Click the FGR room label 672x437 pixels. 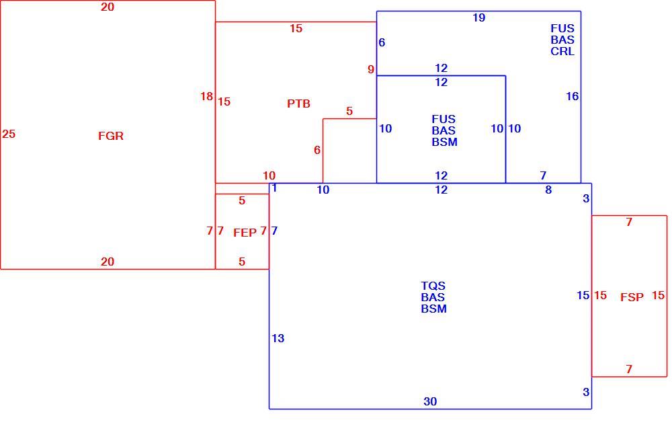(111, 136)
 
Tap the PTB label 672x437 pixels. (298, 104)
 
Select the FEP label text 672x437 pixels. (245, 233)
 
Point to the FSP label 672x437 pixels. (632, 297)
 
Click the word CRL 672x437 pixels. (562, 51)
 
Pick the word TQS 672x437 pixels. (433, 286)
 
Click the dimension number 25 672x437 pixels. (9, 134)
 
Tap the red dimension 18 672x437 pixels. (206, 97)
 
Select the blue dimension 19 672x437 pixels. (478, 17)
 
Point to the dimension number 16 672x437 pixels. (572, 97)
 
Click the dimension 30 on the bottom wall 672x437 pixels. (430, 401)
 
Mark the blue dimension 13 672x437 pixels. (278, 338)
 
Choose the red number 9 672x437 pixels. (371, 69)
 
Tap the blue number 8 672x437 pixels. (548, 190)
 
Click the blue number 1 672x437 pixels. (274, 188)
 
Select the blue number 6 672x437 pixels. (382, 42)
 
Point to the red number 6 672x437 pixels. (317, 150)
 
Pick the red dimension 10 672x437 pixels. (269, 175)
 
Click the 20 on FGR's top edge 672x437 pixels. (107, 7)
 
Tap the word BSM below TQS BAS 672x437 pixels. (433, 309)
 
